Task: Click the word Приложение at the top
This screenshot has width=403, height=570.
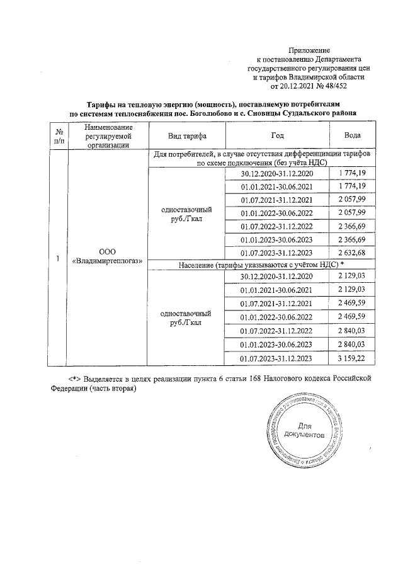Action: [309, 50]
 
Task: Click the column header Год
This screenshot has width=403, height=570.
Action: [277, 136]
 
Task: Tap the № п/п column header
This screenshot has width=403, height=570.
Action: [59, 136]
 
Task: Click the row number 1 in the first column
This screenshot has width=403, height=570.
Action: [59, 258]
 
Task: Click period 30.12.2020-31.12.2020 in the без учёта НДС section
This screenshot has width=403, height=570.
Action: [276, 173]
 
